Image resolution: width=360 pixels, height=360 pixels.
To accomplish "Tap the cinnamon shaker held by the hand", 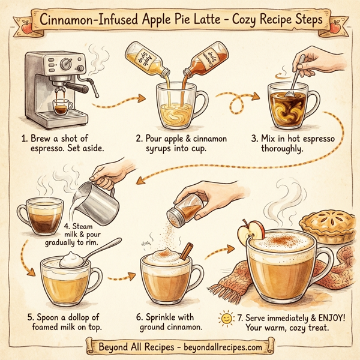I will coord(184,208).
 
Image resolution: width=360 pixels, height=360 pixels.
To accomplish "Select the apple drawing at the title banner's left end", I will coord(26,25).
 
